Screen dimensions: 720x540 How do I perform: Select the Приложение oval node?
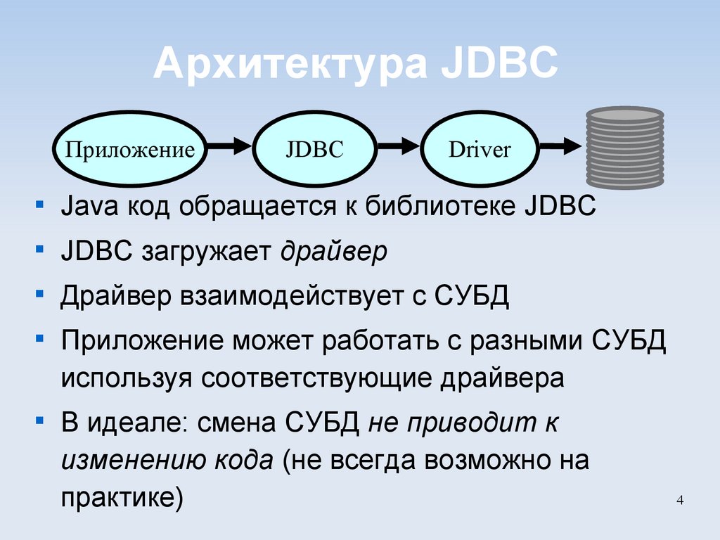point(129,150)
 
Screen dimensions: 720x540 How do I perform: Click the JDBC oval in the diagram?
point(314,150)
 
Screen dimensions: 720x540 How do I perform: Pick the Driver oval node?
point(480,150)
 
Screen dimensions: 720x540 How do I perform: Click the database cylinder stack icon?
point(625,148)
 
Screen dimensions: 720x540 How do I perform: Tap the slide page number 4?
point(679,500)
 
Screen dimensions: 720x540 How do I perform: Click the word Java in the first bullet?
point(83,207)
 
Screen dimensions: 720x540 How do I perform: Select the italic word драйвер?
point(334,251)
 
